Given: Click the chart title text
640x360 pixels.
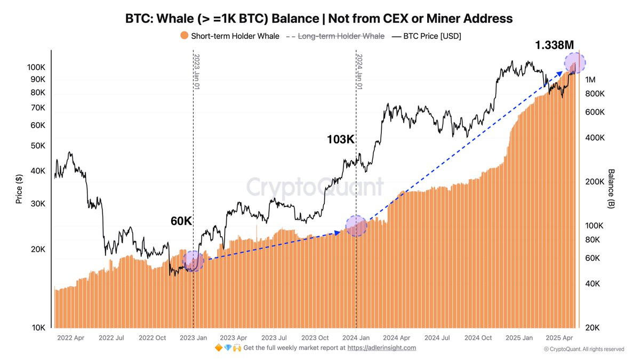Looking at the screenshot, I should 319,18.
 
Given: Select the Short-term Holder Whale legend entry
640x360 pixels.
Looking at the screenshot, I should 229,36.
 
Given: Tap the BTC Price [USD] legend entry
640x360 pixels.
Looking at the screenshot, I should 431,36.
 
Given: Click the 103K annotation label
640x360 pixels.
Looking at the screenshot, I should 341,140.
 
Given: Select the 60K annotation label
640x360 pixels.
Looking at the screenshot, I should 181,221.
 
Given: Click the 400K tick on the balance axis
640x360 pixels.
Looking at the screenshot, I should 595,138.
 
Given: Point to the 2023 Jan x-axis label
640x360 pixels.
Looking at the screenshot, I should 194,338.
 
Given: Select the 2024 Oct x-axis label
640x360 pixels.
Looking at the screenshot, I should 478,338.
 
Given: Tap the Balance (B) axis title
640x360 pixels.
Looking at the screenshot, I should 611,189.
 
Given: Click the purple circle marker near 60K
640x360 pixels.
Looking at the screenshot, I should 193,261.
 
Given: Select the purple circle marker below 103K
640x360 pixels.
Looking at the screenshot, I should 356,226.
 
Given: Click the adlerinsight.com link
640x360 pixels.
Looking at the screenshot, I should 381,348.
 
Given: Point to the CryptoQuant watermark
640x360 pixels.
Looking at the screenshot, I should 315,187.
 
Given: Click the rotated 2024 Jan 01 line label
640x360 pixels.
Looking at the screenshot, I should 359,71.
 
